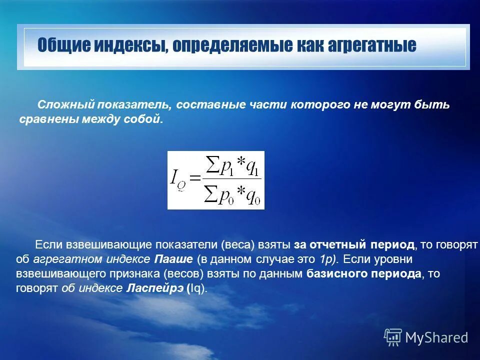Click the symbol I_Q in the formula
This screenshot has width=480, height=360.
(x=178, y=180)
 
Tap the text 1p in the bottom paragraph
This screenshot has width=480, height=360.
(x=325, y=259)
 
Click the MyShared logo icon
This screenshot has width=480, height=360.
(x=393, y=337)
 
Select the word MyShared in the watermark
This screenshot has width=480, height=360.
(x=436, y=337)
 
